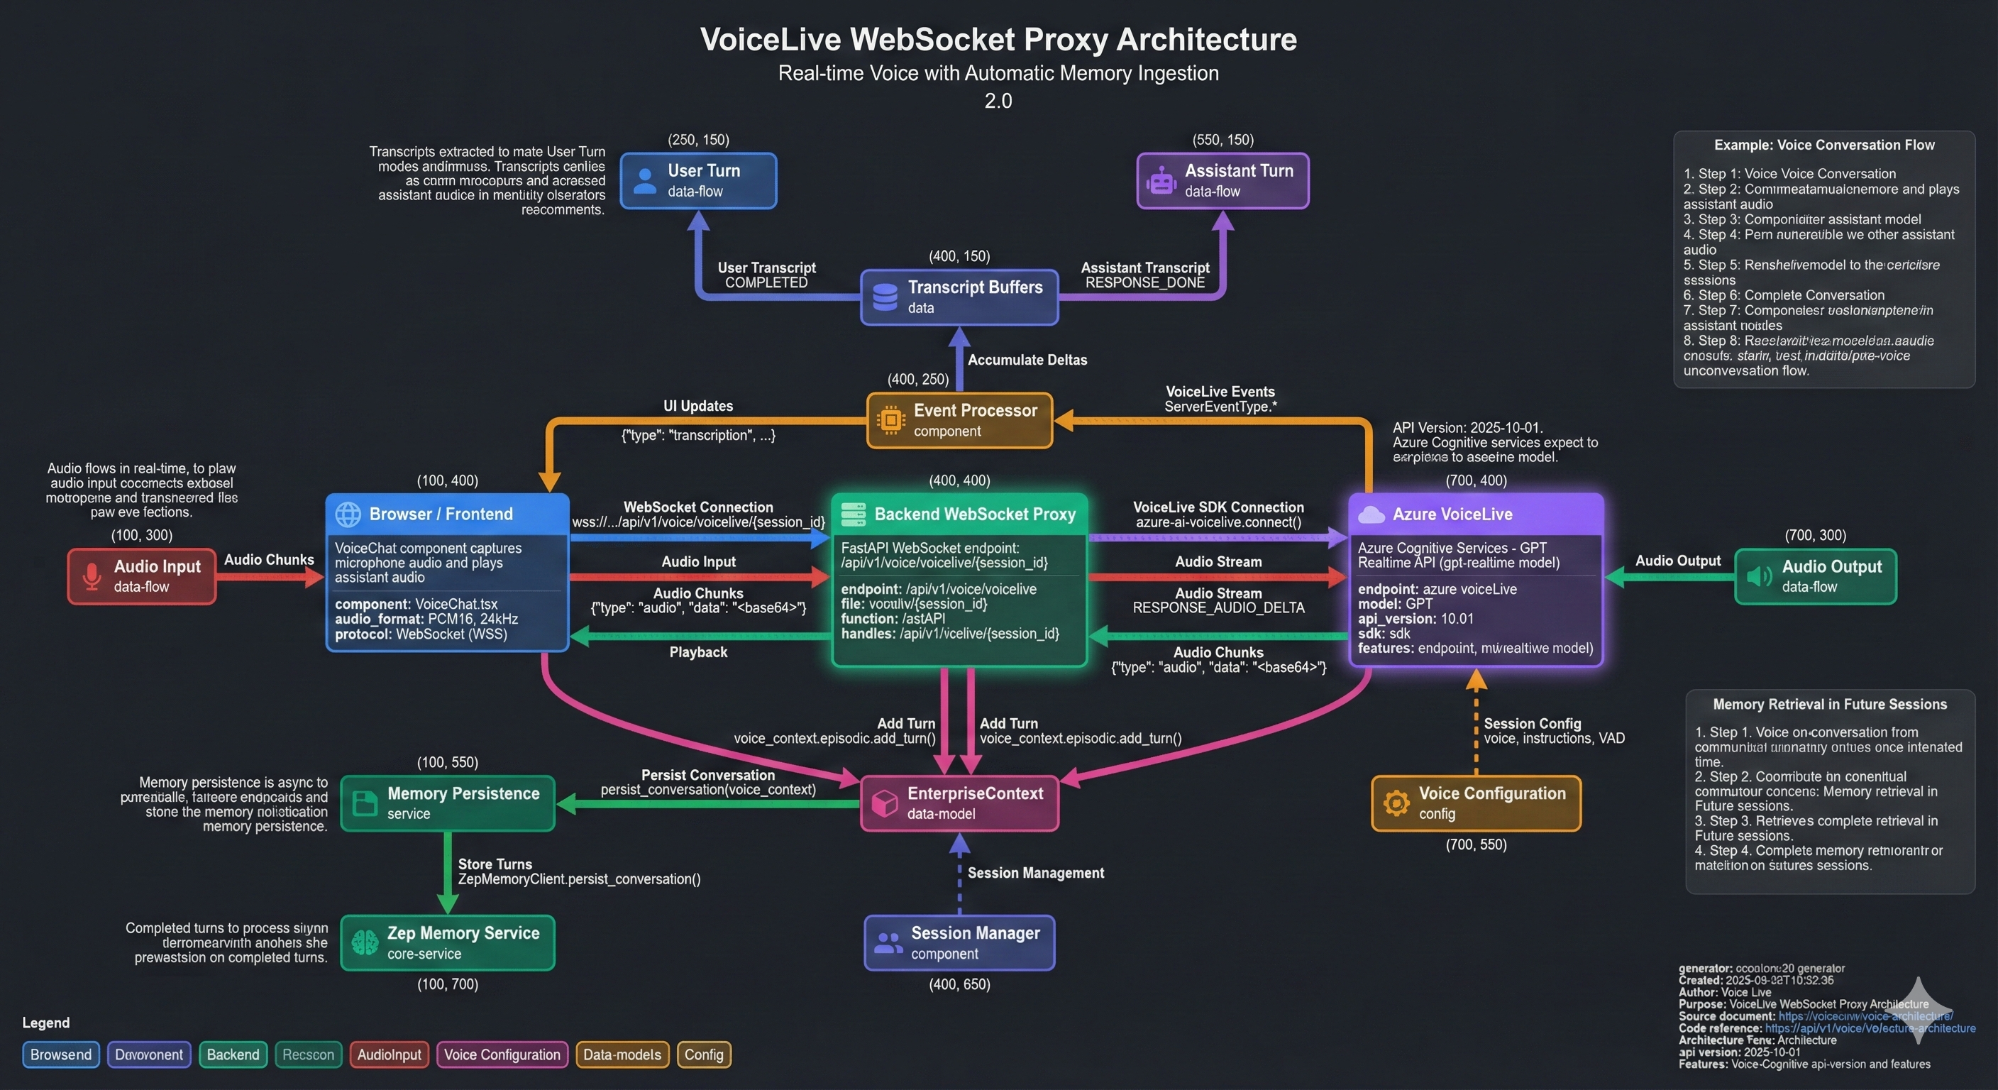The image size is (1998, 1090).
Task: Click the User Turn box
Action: pyautogui.click(x=698, y=181)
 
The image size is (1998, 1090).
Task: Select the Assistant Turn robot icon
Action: pyautogui.click(x=1161, y=181)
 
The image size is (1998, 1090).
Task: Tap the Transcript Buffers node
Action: pyautogui.click(x=959, y=297)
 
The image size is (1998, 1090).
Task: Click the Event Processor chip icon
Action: pyautogui.click(x=890, y=419)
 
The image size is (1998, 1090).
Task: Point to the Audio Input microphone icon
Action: pyautogui.click(x=92, y=576)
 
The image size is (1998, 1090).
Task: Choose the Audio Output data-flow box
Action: pyautogui.click(x=1815, y=576)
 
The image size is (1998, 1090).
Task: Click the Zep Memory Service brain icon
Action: pyautogui.click(x=365, y=942)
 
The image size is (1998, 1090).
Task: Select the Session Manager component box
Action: pyautogui.click(x=959, y=942)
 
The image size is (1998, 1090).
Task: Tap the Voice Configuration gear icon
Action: pyautogui.click(x=1396, y=803)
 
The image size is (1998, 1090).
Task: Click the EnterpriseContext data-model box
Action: pyautogui.click(x=959, y=803)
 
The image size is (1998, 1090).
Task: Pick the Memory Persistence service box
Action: pyautogui.click(x=448, y=803)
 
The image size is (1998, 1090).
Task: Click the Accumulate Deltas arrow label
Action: pyautogui.click(x=1027, y=360)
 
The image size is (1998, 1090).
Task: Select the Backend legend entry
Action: pyautogui.click(x=233, y=1055)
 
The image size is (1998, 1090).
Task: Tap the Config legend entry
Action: pyautogui.click(x=704, y=1055)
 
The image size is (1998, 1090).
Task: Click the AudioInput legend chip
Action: pyautogui.click(x=389, y=1055)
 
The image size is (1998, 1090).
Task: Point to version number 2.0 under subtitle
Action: pyautogui.click(x=998, y=101)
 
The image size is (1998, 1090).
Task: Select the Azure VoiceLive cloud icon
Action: pyautogui.click(x=1371, y=514)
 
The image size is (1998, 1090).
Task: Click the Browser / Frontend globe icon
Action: pyautogui.click(x=348, y=514)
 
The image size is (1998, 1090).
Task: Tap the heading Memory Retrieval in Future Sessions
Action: pyautogui.click(x=1830, y=705)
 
